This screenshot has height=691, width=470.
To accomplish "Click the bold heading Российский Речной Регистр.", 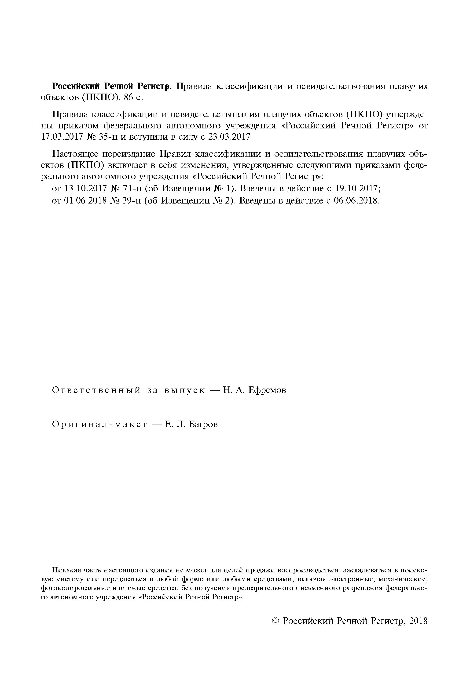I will click(x=112, y=86).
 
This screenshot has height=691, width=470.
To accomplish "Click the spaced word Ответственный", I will click(x=96, y=390).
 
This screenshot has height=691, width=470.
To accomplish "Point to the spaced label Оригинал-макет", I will click(x=100, y=424).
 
